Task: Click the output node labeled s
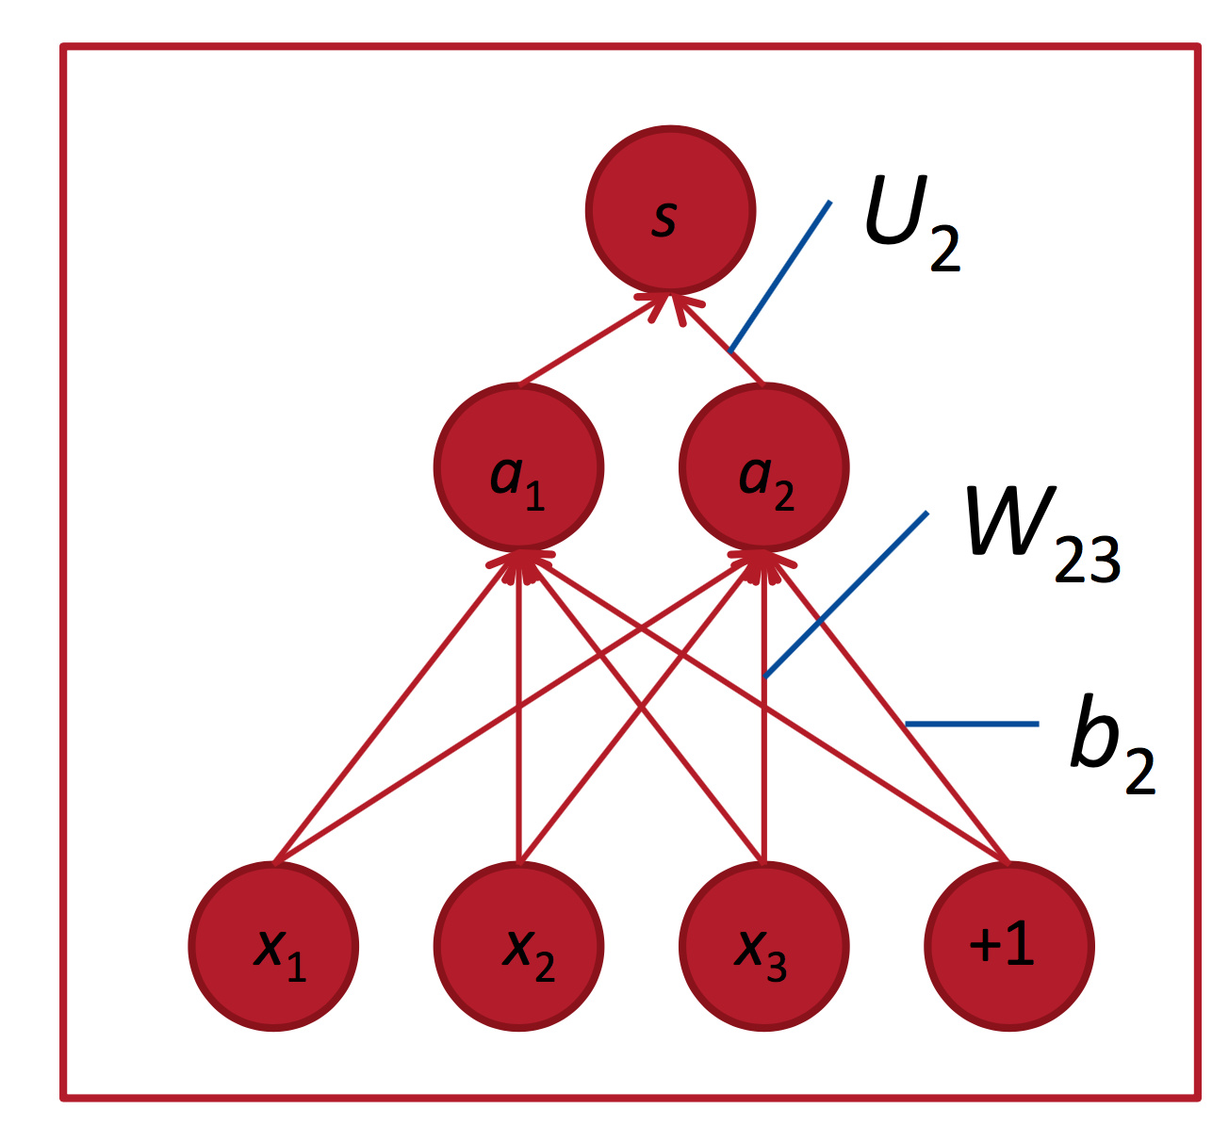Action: tap(670, 210)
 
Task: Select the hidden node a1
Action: tap(518, 467)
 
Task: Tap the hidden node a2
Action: tap(764, 467)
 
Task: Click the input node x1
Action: tap(273, 946)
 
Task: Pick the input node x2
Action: tap(518, 946)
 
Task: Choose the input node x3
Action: tap(764, 946)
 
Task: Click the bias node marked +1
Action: tap(1009, 946)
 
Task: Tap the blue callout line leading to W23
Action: tap(845, 595)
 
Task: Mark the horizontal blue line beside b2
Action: tap(971, 724)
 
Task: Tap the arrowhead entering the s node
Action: tap(670, 303)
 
